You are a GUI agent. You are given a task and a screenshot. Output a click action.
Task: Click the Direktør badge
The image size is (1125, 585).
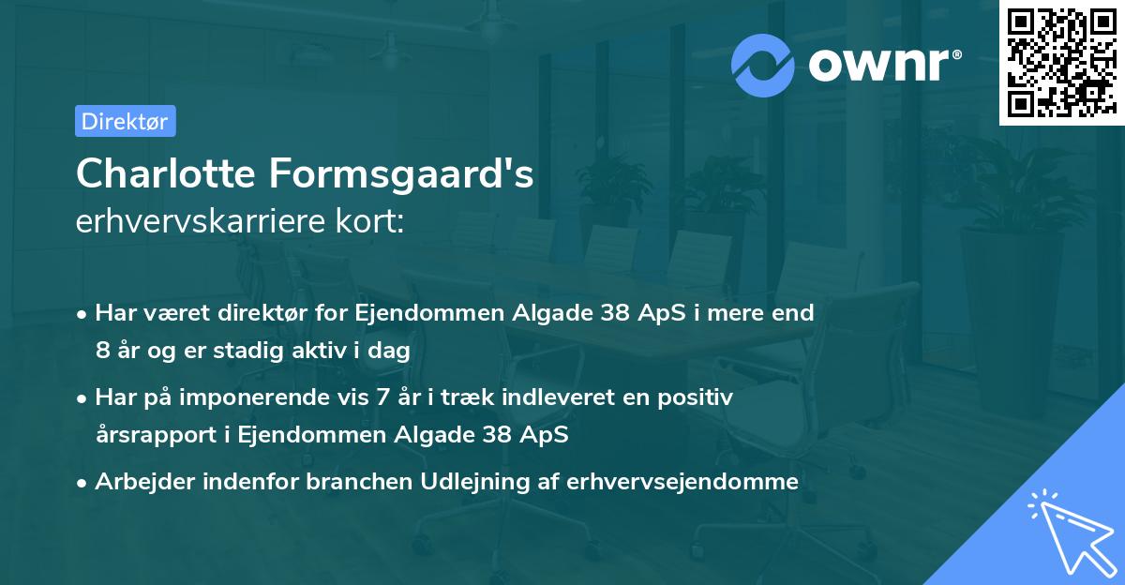click(x=125, y=121)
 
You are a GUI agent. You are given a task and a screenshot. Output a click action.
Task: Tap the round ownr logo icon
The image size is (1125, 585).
click(x=763, y=65)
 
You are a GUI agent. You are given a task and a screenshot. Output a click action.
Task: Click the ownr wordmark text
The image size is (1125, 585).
click(x=883, y=65)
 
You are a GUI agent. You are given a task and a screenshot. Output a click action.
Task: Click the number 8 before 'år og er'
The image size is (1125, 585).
click(x=101, y=350)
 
